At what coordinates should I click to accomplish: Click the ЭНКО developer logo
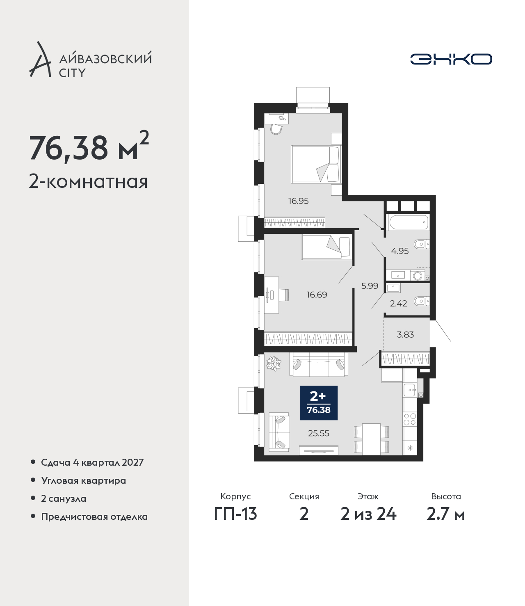click(x=451, y=59)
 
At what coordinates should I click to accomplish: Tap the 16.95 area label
click(x=299, y=201)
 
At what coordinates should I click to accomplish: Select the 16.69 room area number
click(x=317, y=295)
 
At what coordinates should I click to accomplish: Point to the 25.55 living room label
click(x=319, y=433)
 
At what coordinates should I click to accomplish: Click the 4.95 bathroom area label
click(x=400, y=251)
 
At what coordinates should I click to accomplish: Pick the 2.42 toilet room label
click(x=398, y=304)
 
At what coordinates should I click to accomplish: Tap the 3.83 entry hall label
click(x=405, y=334)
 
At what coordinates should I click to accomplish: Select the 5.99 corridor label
click(x=370, y=286)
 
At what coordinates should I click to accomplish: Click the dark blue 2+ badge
click(x=319, y=403)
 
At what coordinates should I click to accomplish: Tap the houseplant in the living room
click(x=274, y=364)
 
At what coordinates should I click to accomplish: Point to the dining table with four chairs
click(x=372, y=439)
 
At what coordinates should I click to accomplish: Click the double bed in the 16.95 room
click(x=316, y=165)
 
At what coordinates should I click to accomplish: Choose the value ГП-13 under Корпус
click(x=235, y=514)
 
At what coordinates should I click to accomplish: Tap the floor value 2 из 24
click(x=368, y=514)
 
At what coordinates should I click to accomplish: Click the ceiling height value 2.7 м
click(x=445, y=514)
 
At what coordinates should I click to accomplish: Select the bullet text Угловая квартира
click(x=84, y=481)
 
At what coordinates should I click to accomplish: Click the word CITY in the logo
click(x=73, y=73)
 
